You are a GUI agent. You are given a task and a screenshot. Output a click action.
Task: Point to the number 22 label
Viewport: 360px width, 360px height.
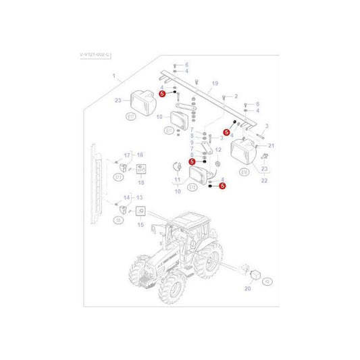263,180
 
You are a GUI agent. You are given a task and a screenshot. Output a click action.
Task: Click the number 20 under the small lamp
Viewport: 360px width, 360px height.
247,288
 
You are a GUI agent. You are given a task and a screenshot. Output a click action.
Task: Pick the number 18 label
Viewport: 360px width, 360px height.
141,182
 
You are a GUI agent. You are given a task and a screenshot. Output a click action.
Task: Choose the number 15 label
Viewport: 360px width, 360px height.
140,224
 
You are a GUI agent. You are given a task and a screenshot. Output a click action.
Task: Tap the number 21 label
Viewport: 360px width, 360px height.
272,145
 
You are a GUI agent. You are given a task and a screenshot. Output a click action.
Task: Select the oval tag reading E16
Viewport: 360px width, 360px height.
244,172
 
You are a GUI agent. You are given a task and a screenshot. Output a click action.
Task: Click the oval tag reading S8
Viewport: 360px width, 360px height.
118,220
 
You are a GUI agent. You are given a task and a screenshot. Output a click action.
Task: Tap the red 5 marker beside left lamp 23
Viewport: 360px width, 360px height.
162,95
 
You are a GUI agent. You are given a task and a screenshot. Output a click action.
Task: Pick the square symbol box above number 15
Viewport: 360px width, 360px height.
140,211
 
